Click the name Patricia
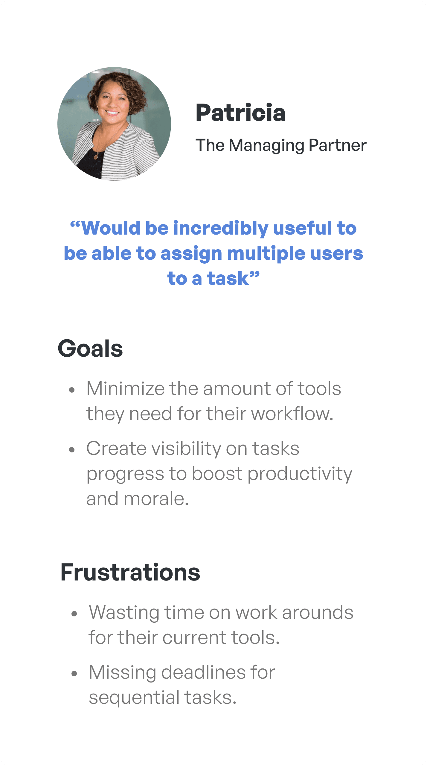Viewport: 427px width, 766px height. click(241, 113)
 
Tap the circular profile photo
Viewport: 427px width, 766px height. click(114, 124)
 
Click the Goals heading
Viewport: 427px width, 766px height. click(90, 349)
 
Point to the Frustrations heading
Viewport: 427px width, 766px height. click(130, 572)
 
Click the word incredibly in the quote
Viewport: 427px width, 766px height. click(221, 229)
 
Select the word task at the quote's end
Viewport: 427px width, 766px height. click(228, 279)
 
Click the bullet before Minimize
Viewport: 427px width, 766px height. click(71, 390)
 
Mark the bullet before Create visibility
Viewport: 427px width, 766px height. click(71, 450)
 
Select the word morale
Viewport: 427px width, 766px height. click(156, 499)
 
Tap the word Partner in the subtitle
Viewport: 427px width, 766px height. click(338, 145)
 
